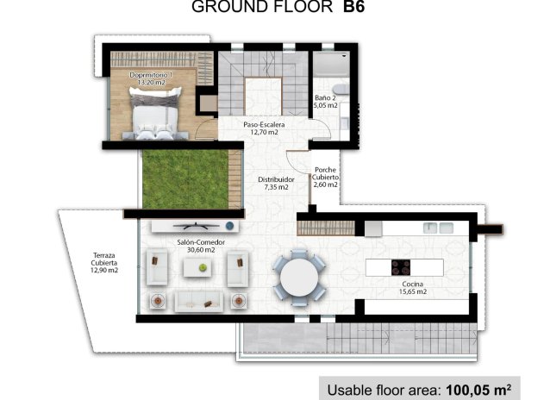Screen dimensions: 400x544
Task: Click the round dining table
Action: (x=297, y=277)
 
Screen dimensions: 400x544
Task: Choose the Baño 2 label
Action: (x=326, y=101)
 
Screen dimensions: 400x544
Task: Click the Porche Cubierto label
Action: (x=326, y=177)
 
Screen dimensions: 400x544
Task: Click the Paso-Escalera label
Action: (x=264, y=128)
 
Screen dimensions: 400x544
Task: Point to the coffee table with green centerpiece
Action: (x=203, y=268)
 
